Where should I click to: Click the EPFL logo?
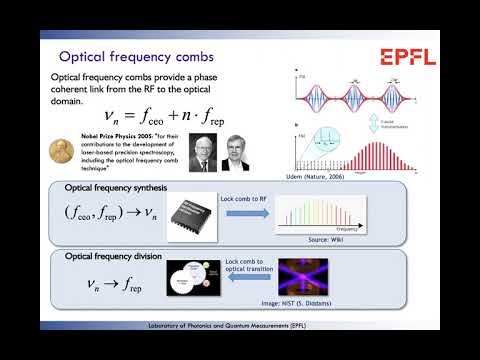click(407, 57)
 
